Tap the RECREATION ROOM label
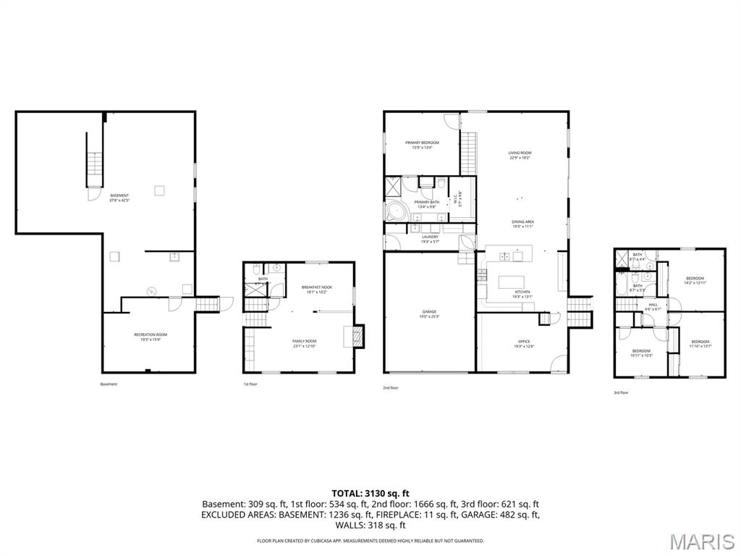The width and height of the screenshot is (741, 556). point(151,334)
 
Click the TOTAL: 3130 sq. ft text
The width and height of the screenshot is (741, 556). point(370,493)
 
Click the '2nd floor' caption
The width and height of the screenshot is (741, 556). point(390,388)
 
